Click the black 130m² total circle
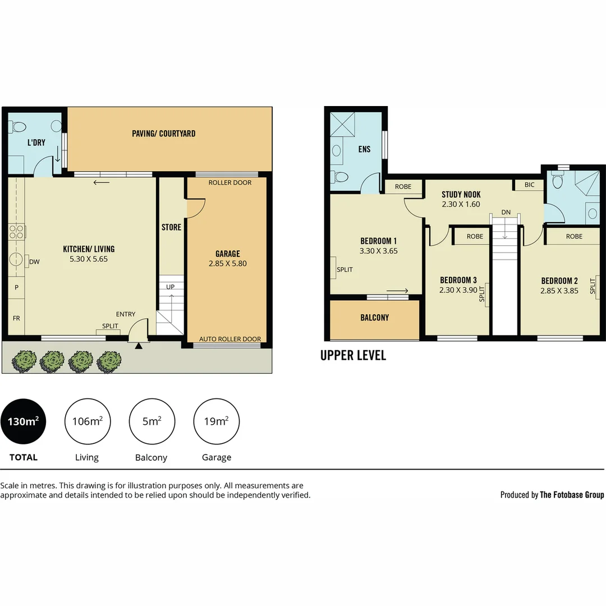pos(23,421)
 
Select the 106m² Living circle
pos(87,421)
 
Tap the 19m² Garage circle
pos(216,421)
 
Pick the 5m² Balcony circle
pos(151,421)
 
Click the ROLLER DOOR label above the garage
pos(230,182)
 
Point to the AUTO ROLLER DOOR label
pos(230,339)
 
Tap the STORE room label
pos(171,227)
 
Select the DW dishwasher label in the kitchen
pos(34,261)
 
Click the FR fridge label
pos(16,318)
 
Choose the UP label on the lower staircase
pos(171,287)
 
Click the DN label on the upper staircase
pos(506,212)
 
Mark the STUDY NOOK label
pos(461,195)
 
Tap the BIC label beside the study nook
pos(529,185)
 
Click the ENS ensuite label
pos(365,149)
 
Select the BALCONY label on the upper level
pos(374,318)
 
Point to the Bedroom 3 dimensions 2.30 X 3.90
pos(458,290)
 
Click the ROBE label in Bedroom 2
pos(574,236)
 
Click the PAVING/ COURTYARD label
pos(164,134)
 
